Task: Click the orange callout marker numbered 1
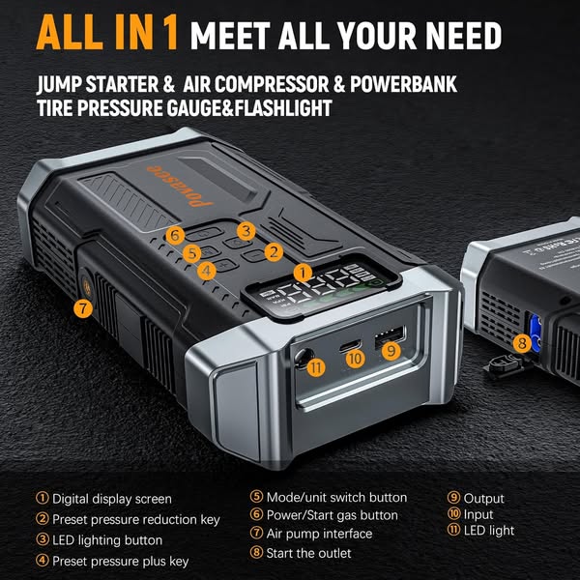click(303, 274)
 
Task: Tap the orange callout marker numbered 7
click(83, 308)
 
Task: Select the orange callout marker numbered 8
click(522, 343)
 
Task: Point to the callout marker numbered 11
click(316, 367)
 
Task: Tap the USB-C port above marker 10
click(350, 346)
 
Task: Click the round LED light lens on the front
click(303, 358)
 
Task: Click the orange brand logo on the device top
click(180, 186)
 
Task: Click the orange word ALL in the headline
click(70, 34)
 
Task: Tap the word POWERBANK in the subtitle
click(403, 84)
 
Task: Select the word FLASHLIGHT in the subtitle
click(283, 108)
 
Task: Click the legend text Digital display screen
click(112, 499)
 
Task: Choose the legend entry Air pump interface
click(319, 534)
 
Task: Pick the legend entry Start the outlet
click(308, 553)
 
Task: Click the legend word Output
click(483, 499)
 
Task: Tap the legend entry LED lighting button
click(107, 540)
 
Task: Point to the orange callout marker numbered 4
click(207, 271)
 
